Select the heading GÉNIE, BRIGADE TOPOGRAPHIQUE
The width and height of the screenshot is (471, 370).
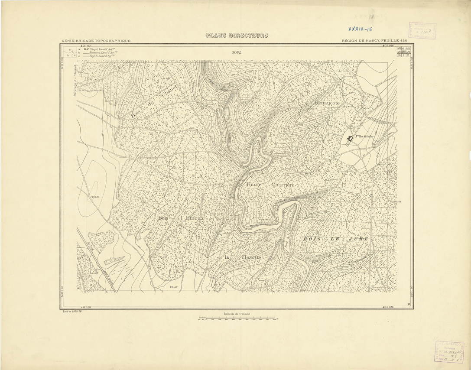tap(96, 41)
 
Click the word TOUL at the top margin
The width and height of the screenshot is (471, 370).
tap(237, 52)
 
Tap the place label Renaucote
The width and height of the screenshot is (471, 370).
tap(328, 104)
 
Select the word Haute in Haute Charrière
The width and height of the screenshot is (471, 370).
tap(254, 185)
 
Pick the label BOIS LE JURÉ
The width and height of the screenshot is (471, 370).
tap(335, 239)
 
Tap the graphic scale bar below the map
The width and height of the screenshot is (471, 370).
tap(237, 319)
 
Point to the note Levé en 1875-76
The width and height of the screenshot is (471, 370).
tap(72, 311)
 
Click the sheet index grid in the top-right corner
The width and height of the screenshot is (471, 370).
tap(404, 52)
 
